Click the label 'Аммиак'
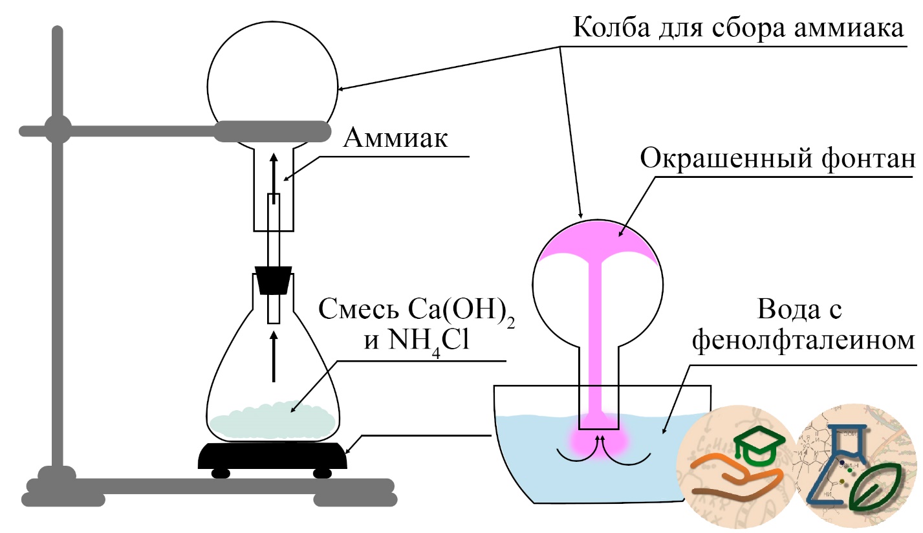point(395,138)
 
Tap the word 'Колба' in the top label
point(611,28)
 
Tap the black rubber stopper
point(273,280)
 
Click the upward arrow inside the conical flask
point(274,356)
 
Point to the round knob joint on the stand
point(58,129)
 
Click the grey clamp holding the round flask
point(273,131)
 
